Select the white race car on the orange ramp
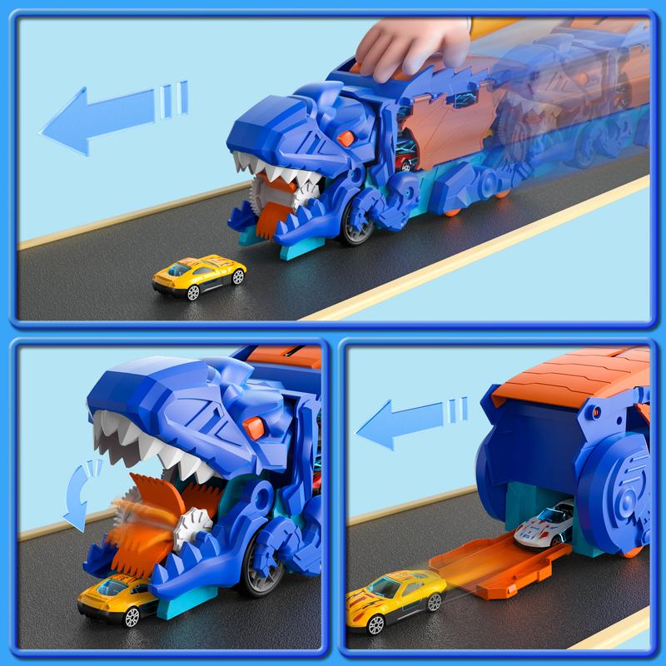tap(545, 526)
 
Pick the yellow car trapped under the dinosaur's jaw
tap(117, 599)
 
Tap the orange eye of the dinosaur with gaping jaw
tap(256, 426)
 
